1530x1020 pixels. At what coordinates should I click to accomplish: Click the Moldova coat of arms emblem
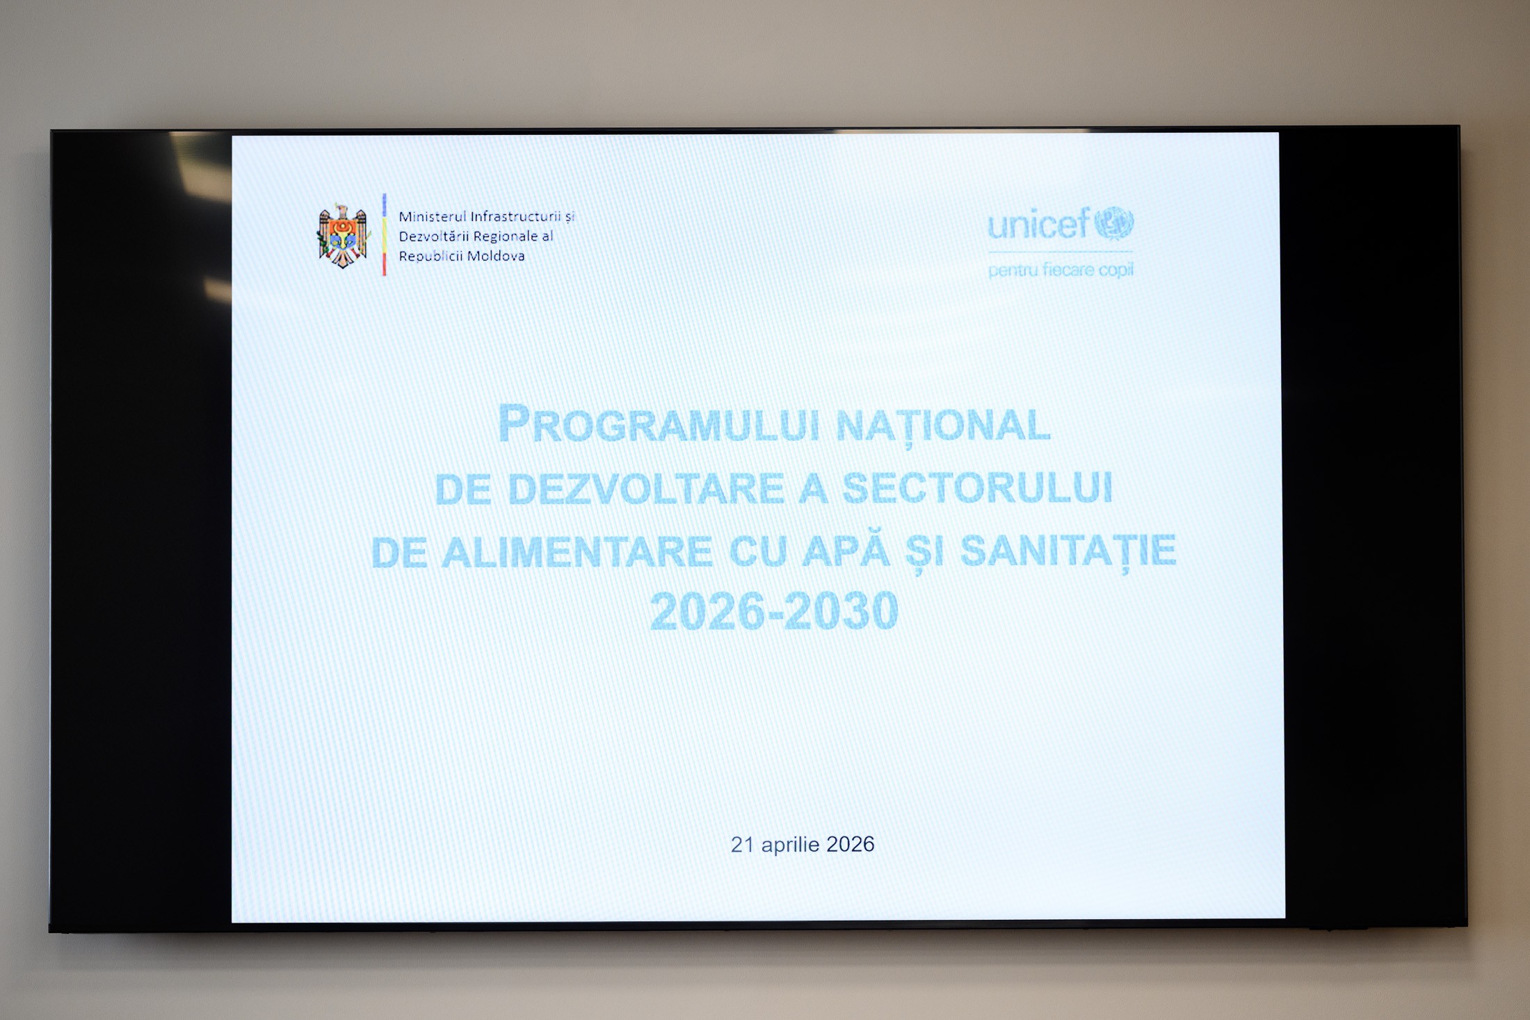(342, 236)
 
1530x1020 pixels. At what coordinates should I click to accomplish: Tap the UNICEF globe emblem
(1114, 223)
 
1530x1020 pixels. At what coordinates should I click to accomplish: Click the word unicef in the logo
(1038, 225)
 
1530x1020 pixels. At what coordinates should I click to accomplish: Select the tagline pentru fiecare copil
(1061, 270)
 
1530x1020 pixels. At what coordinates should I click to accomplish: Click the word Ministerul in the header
(432, 217)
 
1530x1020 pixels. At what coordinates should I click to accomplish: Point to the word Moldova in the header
(496, 256)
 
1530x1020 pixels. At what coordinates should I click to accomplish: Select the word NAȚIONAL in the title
(943, 426)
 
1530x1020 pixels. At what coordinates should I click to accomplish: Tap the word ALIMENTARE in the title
(577, 551)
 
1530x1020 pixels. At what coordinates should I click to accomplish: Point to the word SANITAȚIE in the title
(1068, 551)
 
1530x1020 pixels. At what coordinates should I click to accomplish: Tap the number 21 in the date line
(742, 845)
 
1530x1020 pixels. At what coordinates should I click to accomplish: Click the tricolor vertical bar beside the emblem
(384, 234)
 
